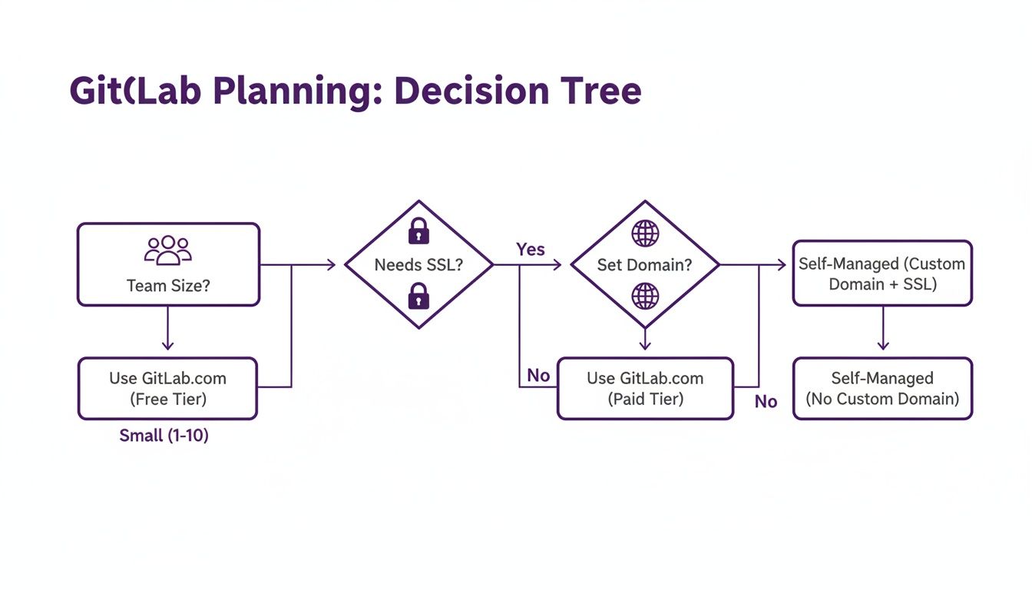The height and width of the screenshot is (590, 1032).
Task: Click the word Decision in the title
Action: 478,91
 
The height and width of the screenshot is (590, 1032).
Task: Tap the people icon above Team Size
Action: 167,250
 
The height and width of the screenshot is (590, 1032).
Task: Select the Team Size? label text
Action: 168,286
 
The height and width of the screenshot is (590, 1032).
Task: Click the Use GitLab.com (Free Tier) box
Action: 167,388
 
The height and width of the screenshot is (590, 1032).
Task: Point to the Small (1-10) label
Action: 164,436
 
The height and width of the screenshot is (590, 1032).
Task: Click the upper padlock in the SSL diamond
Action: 418,230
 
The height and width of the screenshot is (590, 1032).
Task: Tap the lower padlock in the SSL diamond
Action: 418,296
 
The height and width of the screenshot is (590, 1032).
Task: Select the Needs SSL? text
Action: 418,265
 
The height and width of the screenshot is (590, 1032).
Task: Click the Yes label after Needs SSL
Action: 531,250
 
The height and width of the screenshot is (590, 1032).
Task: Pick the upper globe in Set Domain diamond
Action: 645,233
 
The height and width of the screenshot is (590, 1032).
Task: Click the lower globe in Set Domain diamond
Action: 645,296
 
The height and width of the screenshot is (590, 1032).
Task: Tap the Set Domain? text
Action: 645,265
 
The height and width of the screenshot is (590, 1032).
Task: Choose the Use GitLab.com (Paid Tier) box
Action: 645,388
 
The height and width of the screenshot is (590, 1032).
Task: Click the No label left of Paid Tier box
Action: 538,376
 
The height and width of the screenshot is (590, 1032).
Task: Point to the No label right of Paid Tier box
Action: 766,402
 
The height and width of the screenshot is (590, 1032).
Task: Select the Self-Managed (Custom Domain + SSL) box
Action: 882,273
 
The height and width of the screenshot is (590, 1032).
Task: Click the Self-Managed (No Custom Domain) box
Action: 882,388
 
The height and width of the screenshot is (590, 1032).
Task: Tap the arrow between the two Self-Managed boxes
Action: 882,330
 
